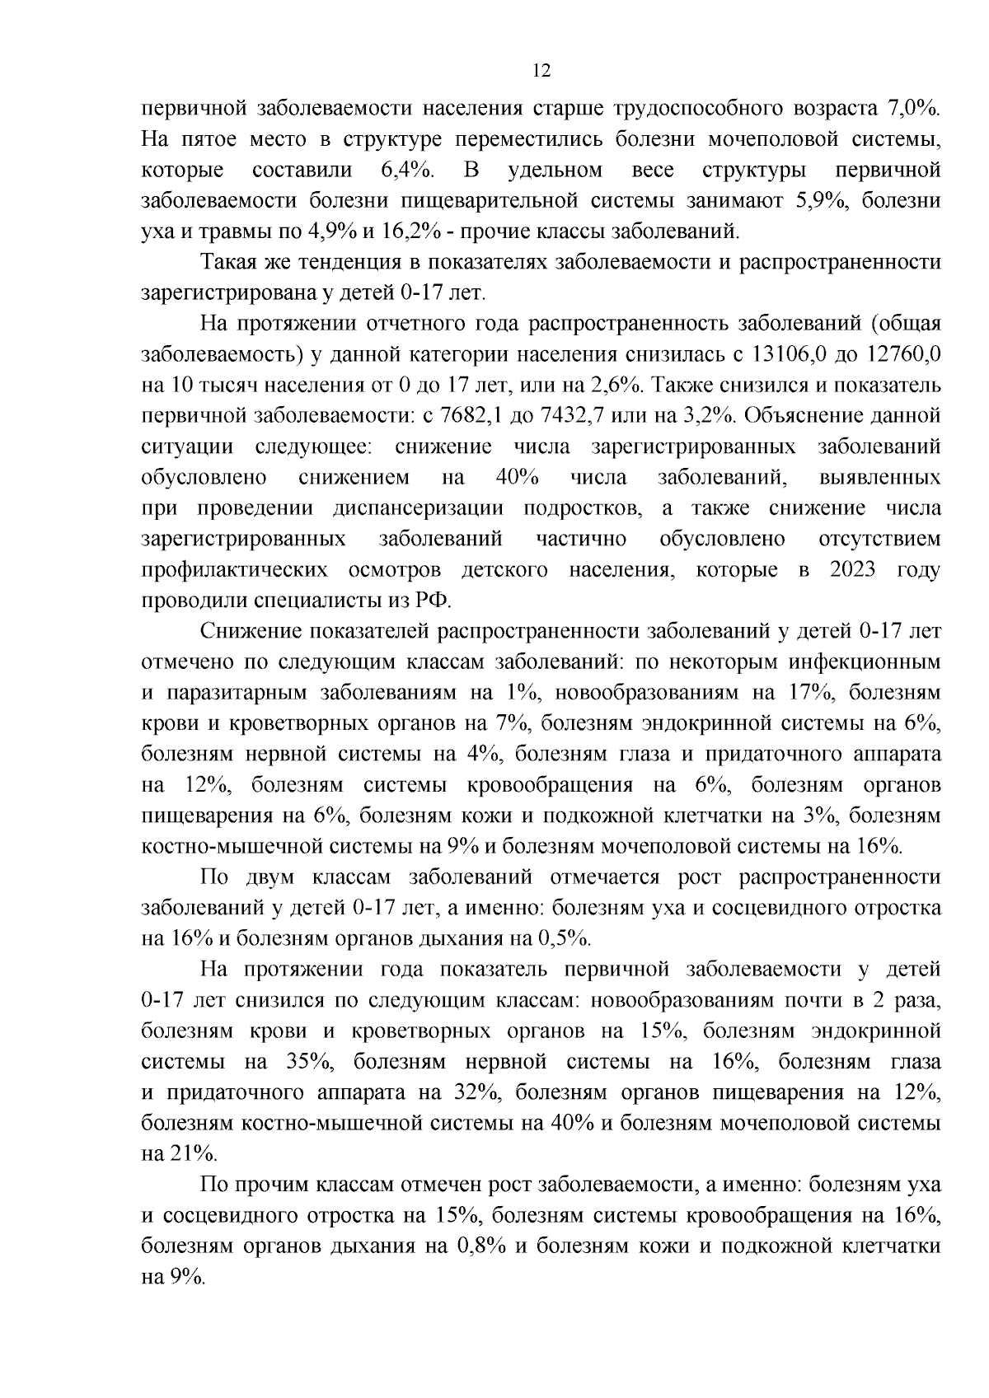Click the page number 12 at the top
[x=541, y=71]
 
